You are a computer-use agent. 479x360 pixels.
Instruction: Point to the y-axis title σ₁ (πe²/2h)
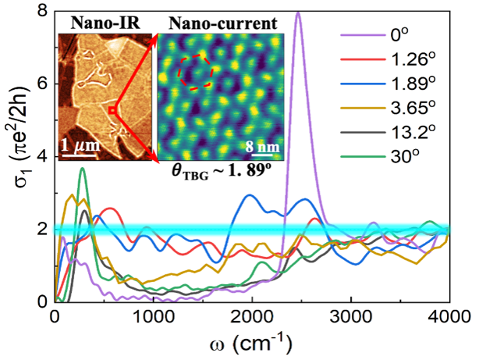[x=15, y=156]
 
